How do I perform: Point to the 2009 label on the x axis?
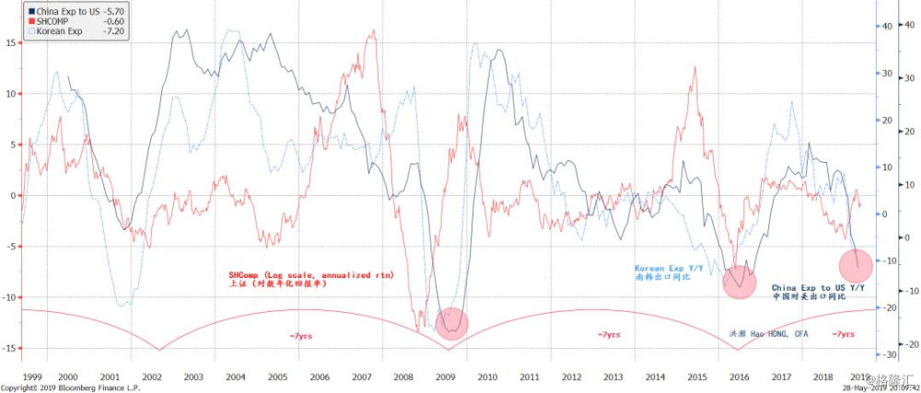click(446, 376)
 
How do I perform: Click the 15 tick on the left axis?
click(8, 42)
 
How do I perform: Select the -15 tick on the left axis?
click(8, 348)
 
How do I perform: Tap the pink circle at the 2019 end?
click(861, 266)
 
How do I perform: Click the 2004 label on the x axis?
click(236, 376)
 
